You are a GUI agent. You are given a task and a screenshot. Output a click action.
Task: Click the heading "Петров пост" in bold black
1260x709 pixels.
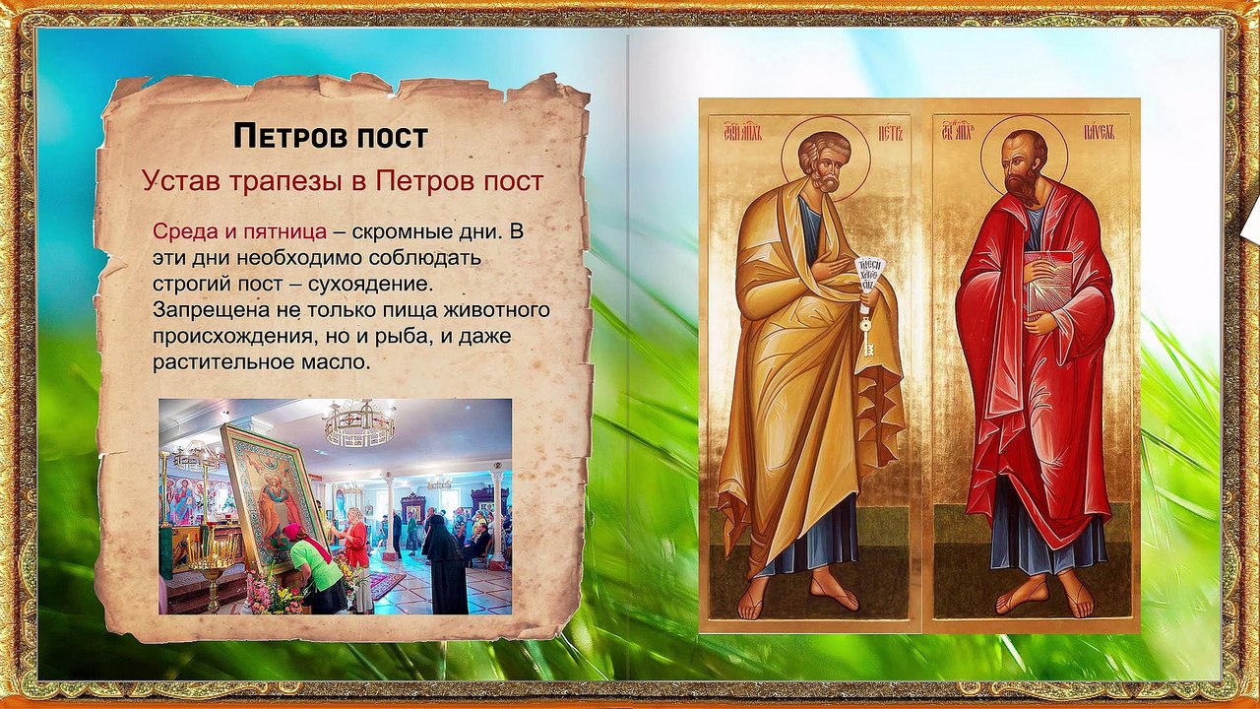pos(330,136)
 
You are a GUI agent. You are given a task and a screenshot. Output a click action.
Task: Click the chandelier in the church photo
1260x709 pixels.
pos(359,422)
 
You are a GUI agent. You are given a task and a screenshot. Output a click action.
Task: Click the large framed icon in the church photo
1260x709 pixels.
pos(273,492)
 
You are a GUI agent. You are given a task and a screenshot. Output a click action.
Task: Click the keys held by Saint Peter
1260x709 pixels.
pos(866,330)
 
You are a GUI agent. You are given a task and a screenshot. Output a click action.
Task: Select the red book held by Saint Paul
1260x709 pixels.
pos(1048,280)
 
